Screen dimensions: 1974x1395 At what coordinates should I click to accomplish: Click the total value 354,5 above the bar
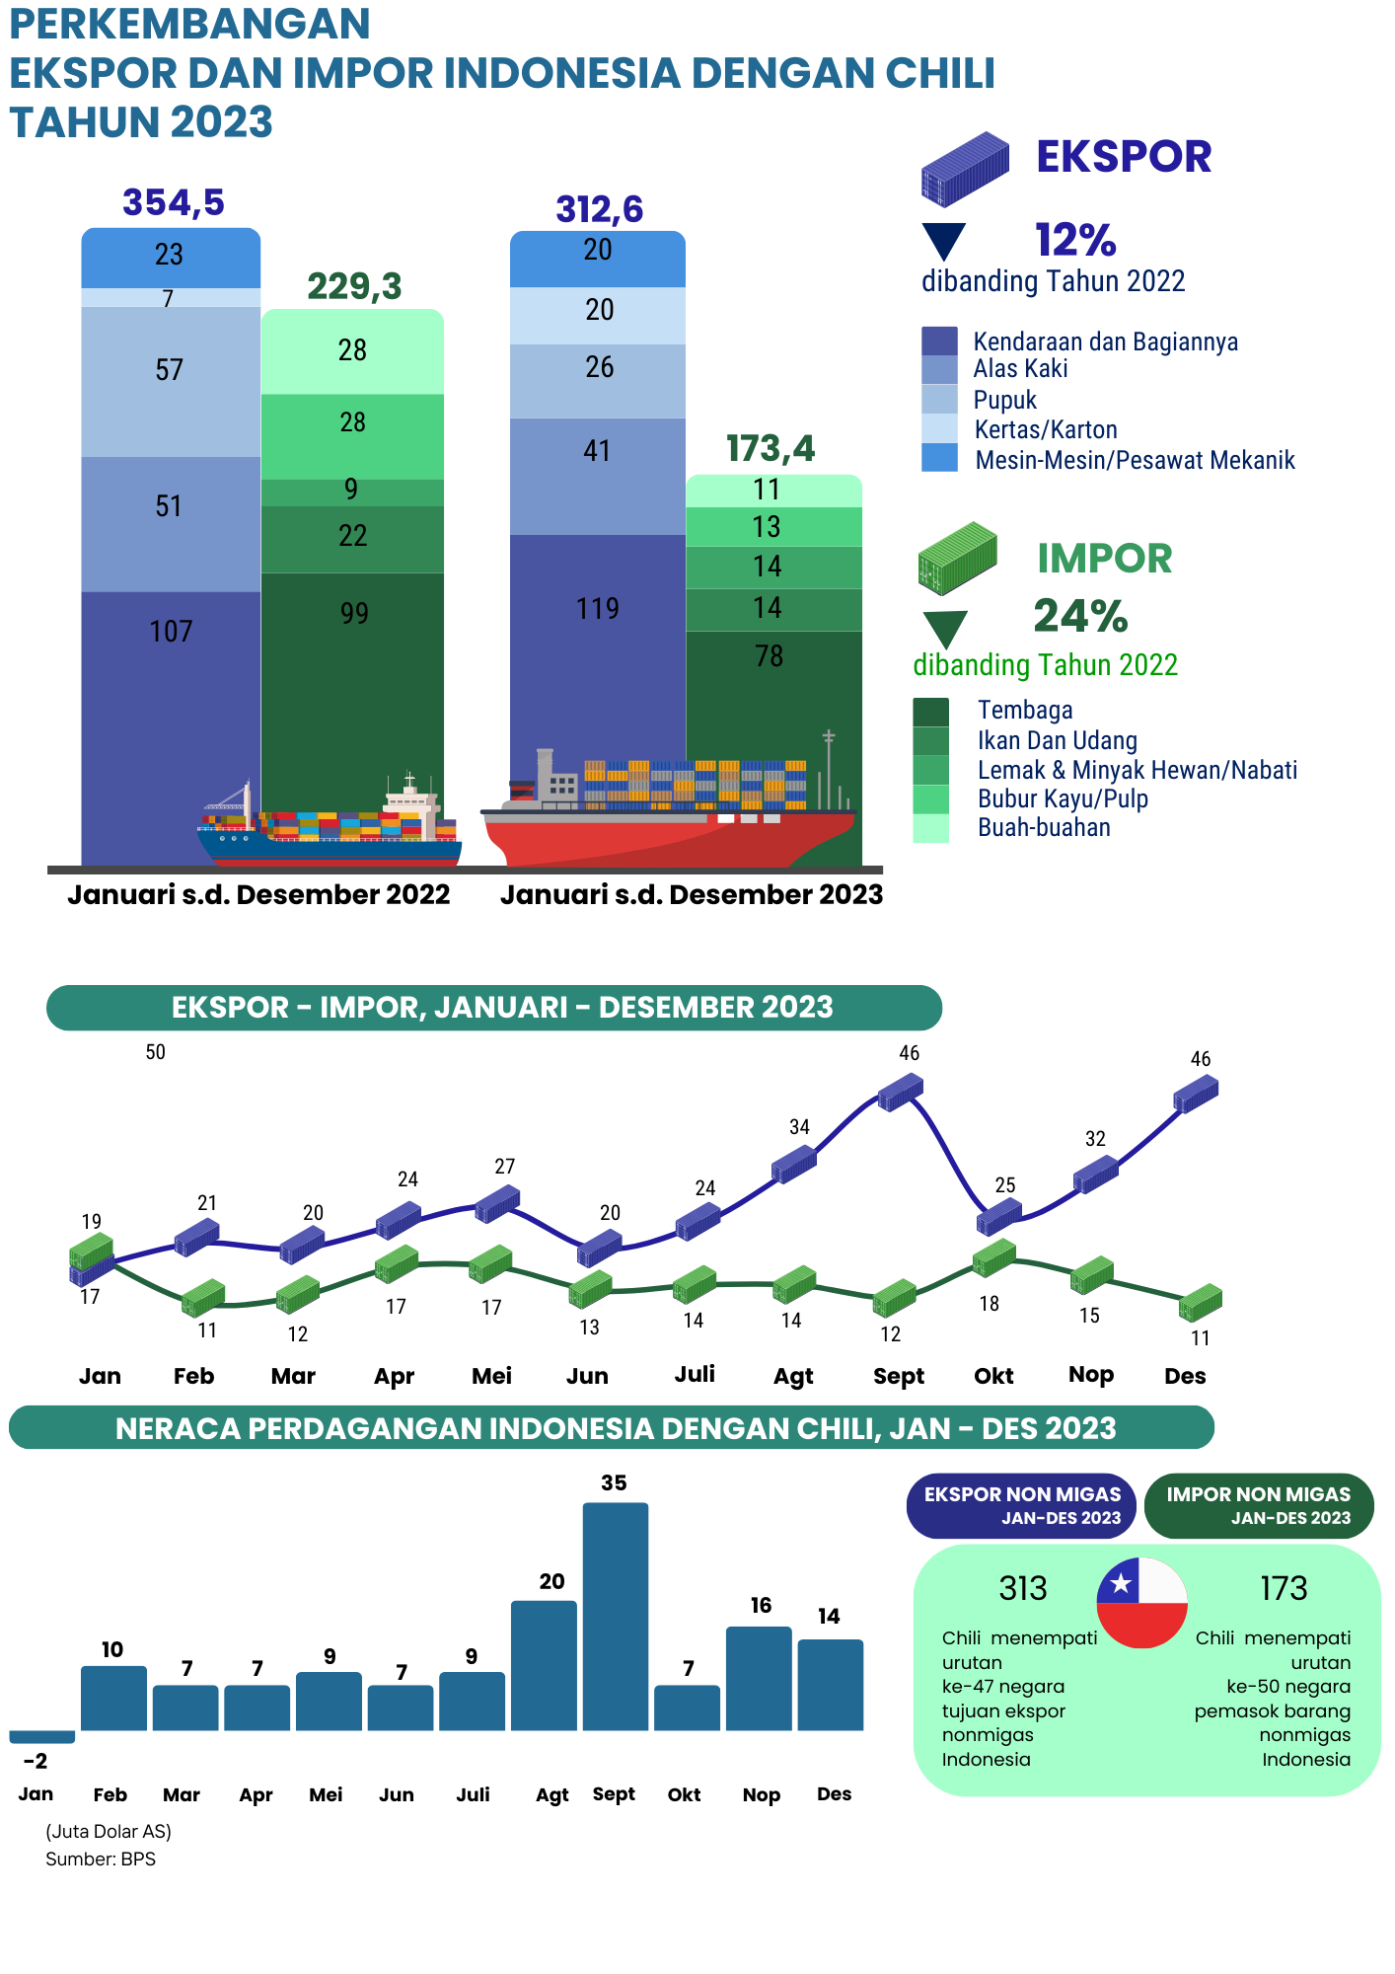(x=174, y=202)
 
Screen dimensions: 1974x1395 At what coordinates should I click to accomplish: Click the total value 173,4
(x=771, y=449)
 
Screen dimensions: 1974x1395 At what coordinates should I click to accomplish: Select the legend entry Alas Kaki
(x=1020, y=369)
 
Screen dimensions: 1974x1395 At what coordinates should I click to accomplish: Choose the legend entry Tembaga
(x=1025, y=710)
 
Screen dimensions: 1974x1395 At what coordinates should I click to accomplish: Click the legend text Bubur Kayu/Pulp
(x=1063, y=798)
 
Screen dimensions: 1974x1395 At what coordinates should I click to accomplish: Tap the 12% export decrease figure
(x=1075, y=240)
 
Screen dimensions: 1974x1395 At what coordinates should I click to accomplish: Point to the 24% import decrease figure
(x=1080, y=616)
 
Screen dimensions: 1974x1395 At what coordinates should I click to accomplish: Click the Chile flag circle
(x=1141, y=1603)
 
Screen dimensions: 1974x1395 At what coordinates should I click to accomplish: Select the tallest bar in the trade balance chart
(x=615, y=1617)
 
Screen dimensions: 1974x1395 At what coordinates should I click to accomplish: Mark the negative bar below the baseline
(x=42, y=1737)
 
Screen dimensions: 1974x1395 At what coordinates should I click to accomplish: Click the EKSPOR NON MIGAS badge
(x=1021, y=1506)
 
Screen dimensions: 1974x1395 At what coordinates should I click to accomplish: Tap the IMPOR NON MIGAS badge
(x=1258, y=1506)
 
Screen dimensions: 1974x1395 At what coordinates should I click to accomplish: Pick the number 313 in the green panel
(x=1022, y=1588)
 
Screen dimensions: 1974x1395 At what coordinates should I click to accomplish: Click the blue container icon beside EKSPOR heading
(x=965, y=169)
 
